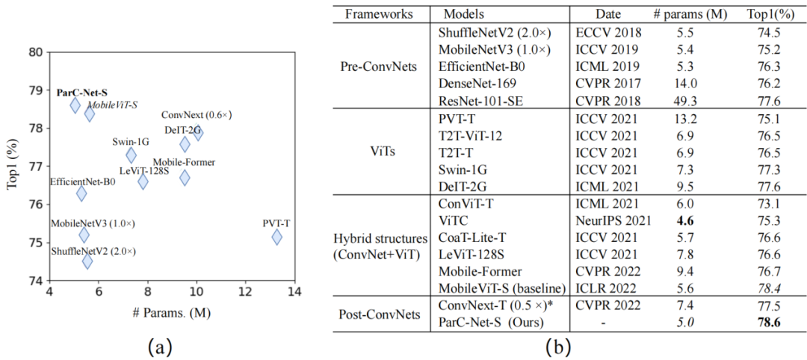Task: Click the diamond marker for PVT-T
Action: point(277,237)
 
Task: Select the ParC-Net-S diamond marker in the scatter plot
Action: point(75,105)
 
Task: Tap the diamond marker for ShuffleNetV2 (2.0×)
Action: point(87,261)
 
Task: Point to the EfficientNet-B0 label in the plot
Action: point(82,181)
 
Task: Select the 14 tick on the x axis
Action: point(294,291)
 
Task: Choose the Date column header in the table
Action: point(608,14)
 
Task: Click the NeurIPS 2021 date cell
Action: point(615,220)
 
